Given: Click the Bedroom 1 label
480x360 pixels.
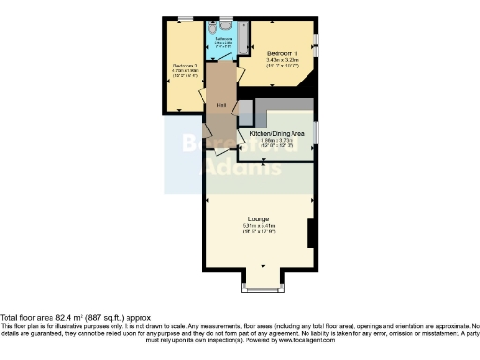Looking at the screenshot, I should (x=282, y=52).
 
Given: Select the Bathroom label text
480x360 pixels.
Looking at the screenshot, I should (x=223, y=38).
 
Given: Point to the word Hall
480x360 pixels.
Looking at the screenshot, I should (x=220, y=104).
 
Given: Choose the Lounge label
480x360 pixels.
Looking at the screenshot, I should (x=258, y=217).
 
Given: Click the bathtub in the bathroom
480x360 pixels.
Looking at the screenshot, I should (x=243, y=36).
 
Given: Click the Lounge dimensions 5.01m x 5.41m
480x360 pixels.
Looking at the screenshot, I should (x=258, y=225).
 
